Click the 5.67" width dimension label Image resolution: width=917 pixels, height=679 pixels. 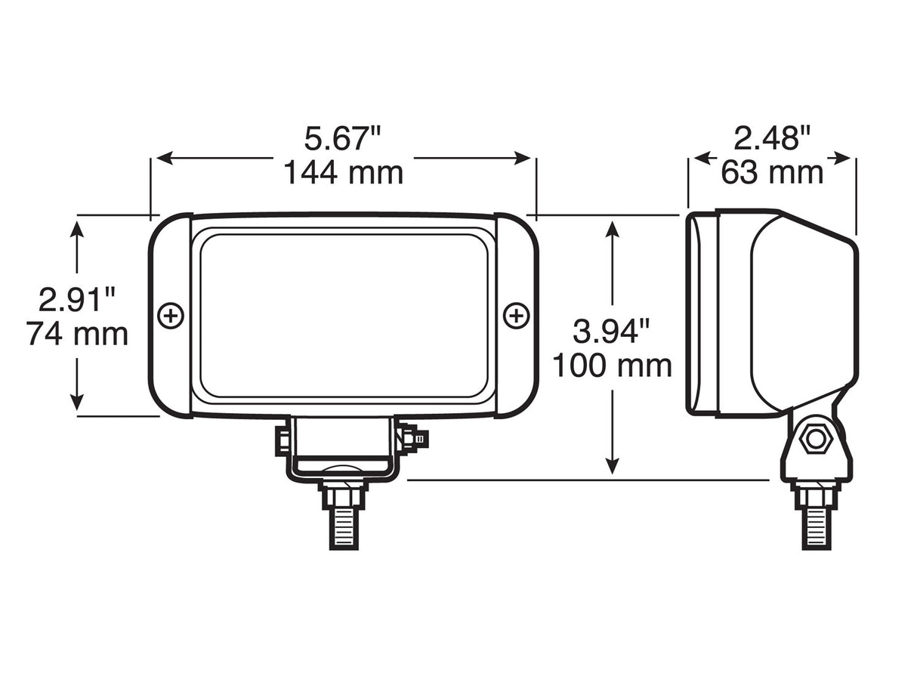coord(342,139)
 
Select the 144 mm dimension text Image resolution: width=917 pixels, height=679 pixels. coord(343,173)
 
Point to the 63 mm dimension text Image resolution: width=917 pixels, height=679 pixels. coord(772,173)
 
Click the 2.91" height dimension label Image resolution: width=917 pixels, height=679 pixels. coord(77,300)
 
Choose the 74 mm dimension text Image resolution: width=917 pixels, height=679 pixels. coord(77,334)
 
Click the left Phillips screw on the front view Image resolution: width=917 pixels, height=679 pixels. coord(171,316)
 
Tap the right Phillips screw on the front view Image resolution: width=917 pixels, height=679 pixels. coord(517,316)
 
